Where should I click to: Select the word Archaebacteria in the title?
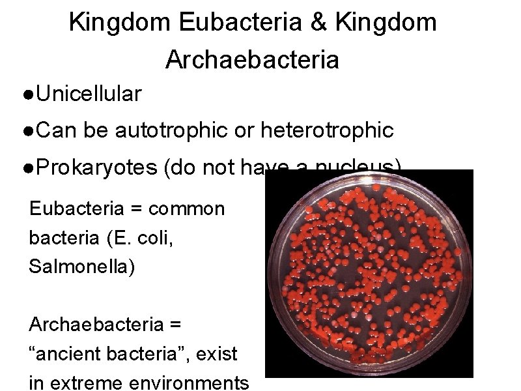point(253,60)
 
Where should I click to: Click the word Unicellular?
point(89,94)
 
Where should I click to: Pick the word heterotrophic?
point(327,131)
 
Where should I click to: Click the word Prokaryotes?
point(97,168)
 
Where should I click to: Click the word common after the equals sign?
point(186,209)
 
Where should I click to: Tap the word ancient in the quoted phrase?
point(66,355)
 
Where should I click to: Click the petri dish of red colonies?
point(369,274)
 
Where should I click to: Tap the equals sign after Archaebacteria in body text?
point(174,325)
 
